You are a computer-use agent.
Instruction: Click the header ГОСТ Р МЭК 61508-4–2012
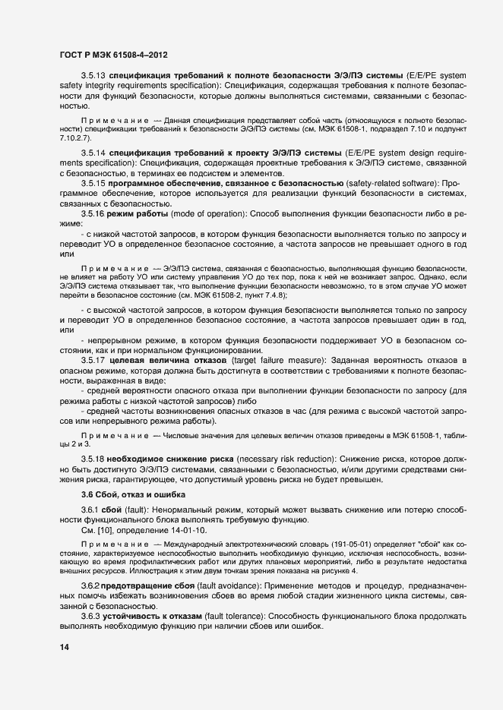[113, 55]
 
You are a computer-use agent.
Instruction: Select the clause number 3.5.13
[94, 78]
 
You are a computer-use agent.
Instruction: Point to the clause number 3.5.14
[94, 153]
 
